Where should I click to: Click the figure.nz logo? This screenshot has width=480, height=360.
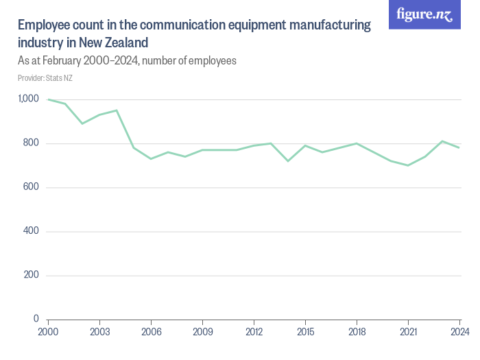tap(425, 15)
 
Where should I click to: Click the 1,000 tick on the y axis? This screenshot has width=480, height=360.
tap(28, 99)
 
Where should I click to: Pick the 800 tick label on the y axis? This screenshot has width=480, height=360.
tap(31, 143)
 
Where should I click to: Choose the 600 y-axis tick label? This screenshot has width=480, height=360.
tap(31, 187)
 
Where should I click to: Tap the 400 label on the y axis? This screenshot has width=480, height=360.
tap(31, 231)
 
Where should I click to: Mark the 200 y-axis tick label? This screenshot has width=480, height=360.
tap(31, 275)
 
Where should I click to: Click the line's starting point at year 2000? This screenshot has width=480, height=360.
tap(48, 99)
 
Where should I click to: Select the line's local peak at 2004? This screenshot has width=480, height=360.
tap(117, 110)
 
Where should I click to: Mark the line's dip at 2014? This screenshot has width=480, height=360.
tap(288, 161)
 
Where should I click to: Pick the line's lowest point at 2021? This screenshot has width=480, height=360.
tap(408, 165)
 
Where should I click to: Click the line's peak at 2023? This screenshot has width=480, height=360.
tap(442, 141)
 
